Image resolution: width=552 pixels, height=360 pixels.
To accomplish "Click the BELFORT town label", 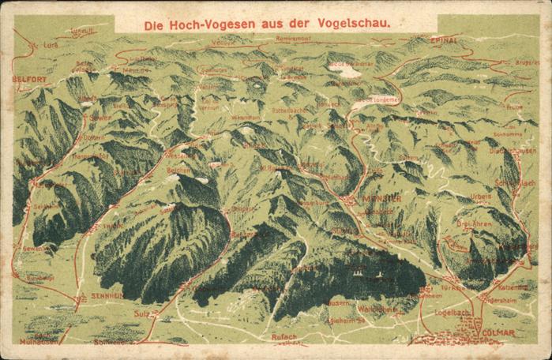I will point(30,80).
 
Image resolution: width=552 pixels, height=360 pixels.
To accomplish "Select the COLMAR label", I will point(497,333).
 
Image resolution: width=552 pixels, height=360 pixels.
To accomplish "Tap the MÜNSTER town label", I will point(383,199).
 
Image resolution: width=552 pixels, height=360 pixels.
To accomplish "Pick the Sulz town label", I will point(142,313).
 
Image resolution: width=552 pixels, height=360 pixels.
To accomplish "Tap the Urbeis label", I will point(479,197).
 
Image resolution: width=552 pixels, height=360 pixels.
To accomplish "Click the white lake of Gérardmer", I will point(346,71).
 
